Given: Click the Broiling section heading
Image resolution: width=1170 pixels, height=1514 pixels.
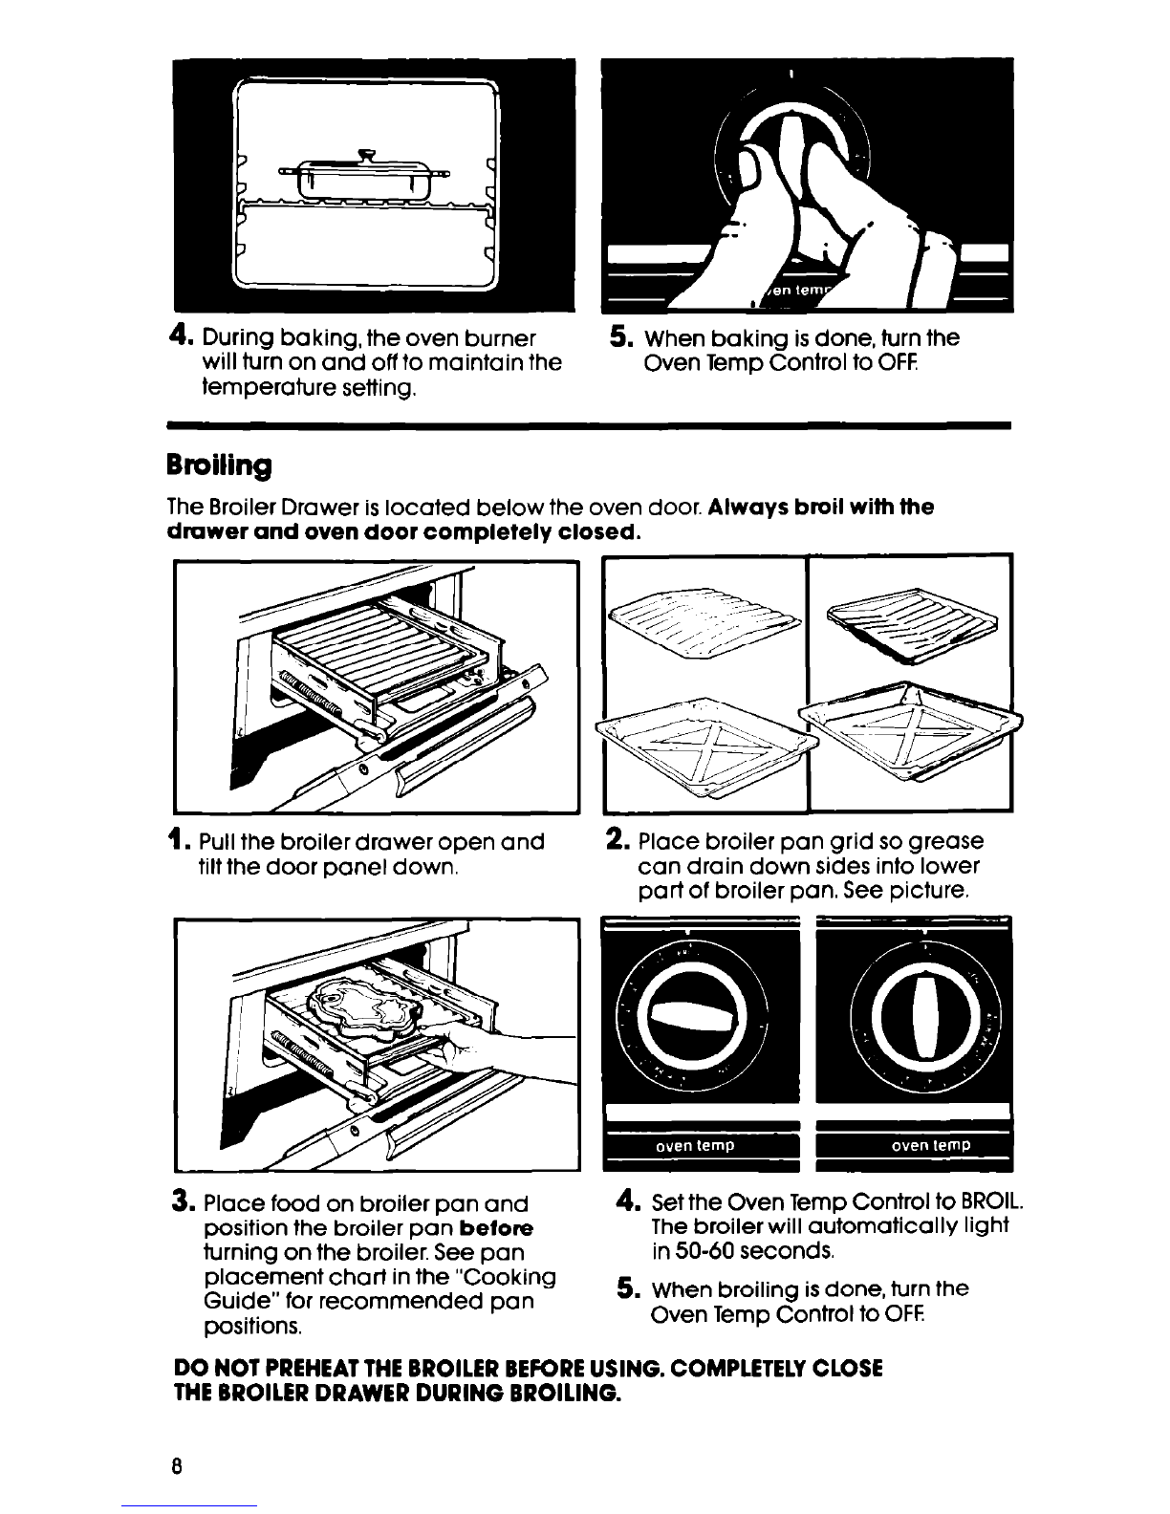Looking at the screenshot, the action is pyautogui.click(x=219, y=465).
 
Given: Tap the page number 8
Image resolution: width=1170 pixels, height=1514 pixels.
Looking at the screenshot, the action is pyautogui.click(x=176, y=1465).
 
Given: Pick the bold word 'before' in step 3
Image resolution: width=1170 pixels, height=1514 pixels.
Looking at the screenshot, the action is pyautogui.click(x=497, y=1228).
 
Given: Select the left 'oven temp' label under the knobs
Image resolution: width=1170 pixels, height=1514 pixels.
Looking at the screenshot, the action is pyautogui.click(x=695, y=1145).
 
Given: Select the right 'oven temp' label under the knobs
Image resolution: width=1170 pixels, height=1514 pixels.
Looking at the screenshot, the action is pyautogui.click(x=931, y=1145).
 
